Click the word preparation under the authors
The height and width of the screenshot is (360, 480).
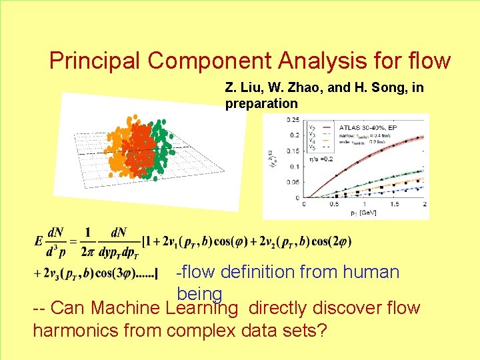coord(261,103)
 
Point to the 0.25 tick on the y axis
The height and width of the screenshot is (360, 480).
coord(292,120)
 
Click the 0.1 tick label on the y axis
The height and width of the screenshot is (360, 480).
coord(294,167)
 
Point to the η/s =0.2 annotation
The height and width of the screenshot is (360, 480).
coord(319,160)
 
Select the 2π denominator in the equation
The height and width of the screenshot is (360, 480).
coord(86,253)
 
